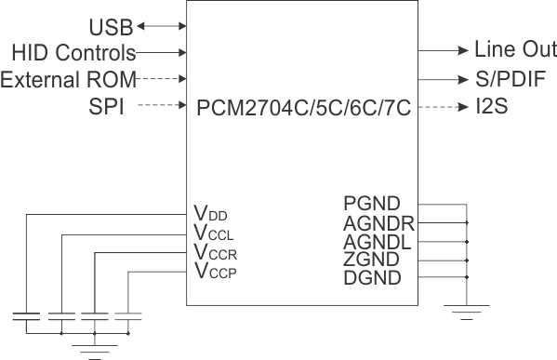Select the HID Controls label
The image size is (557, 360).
pos(74,53)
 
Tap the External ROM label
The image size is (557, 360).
pos(69,79)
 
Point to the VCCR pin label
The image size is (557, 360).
pos(216,253)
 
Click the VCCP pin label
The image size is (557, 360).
pos(216,272)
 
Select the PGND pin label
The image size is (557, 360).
pos(371,204)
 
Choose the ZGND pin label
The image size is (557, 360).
pos(371,260)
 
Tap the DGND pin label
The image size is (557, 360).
pos(371,278)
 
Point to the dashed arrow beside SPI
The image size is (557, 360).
pos(163,107)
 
